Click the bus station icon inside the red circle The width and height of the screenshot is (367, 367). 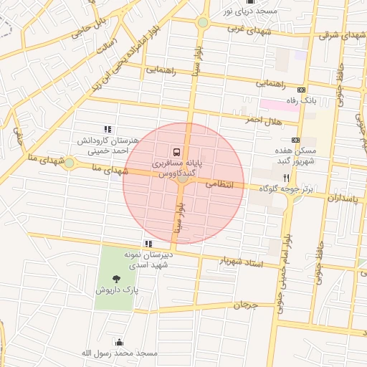[176, 152]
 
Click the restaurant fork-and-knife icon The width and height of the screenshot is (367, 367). [287, 177]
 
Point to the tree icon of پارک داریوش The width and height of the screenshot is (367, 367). [116, 280]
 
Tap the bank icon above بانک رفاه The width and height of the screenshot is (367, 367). [301, 90]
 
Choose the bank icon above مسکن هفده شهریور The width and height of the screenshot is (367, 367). [296, 140]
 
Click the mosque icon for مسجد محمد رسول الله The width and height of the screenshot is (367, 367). [118, 342]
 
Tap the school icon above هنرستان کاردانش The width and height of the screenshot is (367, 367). [108, 129]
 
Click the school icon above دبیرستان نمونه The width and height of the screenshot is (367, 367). [148, 244]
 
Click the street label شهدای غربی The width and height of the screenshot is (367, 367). [247, 29]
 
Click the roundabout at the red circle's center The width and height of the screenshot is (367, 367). [183, 182]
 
